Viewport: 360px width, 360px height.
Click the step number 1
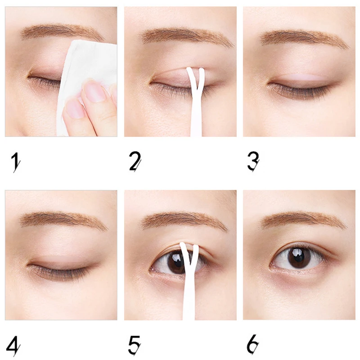click(x=16, y=162)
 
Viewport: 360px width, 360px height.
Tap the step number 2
click(x=135, y=162)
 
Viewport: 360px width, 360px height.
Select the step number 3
click(x=253, y=162)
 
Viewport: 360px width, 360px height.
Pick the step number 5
click(x=135, y=345)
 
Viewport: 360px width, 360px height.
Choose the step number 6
click(x=252, y=344)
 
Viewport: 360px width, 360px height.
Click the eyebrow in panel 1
click(x=62, y=32)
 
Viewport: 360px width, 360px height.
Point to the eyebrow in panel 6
click(x=303, y=220)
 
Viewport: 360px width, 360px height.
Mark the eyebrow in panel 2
click(x=187, y=36)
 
